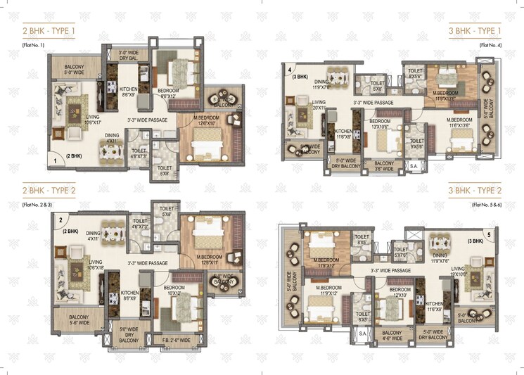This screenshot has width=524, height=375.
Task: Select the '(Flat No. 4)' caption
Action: (x=490, y=45)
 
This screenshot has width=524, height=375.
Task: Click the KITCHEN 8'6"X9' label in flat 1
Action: (x=129, y=91)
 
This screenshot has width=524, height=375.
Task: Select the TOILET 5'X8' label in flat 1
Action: (x=165, y=170)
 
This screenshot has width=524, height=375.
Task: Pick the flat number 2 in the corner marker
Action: (x=61, y=219)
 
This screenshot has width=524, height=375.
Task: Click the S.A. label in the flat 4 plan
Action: (x=414, y=167)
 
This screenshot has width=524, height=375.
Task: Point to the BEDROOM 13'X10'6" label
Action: (x=380, y=124)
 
